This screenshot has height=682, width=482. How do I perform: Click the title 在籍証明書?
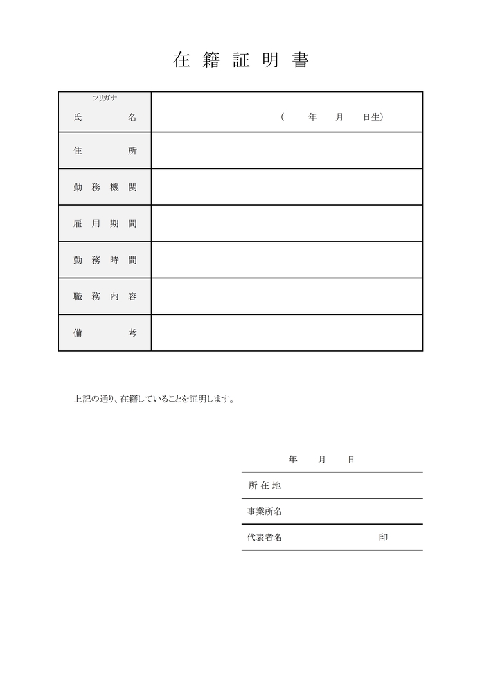point(241,60)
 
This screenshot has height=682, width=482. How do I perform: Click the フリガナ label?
point(104,98)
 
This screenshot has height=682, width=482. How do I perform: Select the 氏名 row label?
point(105,118)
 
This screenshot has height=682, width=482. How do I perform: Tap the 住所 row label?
point(105,151)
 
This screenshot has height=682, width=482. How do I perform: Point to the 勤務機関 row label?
point(105,187)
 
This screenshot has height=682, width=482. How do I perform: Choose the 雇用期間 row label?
point(105,224)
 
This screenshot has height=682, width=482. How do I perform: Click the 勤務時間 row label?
point(105,260)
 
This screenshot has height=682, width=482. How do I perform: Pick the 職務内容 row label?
point(105,296)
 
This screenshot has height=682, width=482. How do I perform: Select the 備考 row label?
point(105,333)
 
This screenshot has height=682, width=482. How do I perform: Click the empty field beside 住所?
point(287,150)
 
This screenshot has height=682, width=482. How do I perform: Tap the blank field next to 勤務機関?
point(287,187)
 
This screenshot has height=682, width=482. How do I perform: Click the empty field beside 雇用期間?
point(287,224)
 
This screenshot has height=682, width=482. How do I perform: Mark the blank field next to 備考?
point(287,333)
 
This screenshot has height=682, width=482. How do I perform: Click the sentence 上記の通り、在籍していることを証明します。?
point(154,399)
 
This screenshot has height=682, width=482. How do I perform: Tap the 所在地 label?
point(265,486)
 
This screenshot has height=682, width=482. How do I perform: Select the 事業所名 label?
point(265,512)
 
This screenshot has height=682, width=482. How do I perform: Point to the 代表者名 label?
point(265,537)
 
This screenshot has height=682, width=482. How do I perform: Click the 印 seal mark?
point(383,537)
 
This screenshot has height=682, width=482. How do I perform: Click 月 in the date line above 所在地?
point(322,460)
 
